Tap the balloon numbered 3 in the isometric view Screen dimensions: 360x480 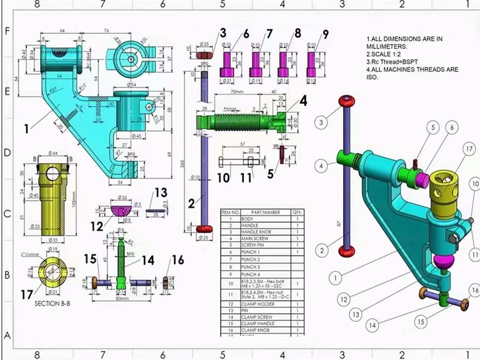pyautogui.click(x=322, y=122)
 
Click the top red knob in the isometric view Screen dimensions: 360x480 pyautogui.click(x=345, y=100)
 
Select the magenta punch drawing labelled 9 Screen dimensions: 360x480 pyautogui.click(x=312, y=62)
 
